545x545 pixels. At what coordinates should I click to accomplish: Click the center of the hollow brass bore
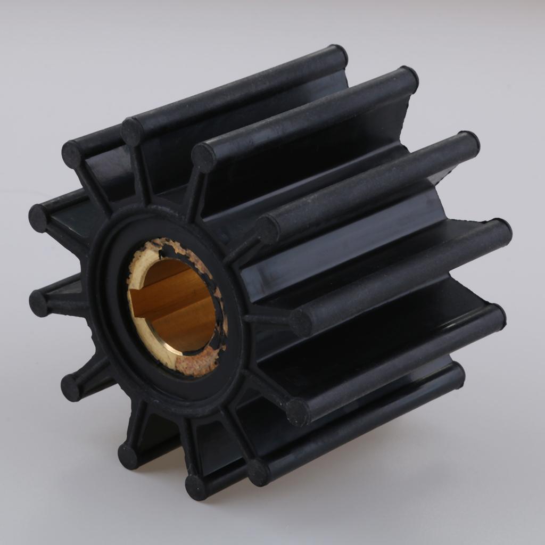click(x=173, y=306)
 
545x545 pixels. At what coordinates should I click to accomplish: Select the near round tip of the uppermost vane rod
click(x=131, y=131)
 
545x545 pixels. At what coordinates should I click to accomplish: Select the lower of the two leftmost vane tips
click(x=39, y=303)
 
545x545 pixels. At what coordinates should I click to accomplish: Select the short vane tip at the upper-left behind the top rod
click(x=72, y=154)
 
